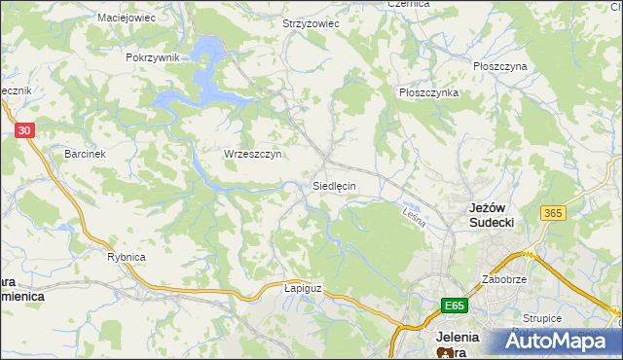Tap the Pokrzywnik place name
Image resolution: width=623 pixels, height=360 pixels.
153,57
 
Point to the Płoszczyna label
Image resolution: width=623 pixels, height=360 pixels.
499,66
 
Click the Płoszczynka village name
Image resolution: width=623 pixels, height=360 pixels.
428,92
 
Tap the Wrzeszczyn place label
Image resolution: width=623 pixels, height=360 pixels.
252,154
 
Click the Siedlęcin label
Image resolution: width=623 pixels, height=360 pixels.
334,185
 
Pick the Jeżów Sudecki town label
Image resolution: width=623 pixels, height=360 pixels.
492,215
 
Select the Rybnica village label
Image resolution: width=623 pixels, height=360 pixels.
127,257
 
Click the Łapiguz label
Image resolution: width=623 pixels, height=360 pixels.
302,289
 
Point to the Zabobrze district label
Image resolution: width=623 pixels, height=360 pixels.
503,279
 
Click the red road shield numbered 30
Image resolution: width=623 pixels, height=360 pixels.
26,128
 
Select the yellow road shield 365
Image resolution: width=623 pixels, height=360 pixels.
555,213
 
